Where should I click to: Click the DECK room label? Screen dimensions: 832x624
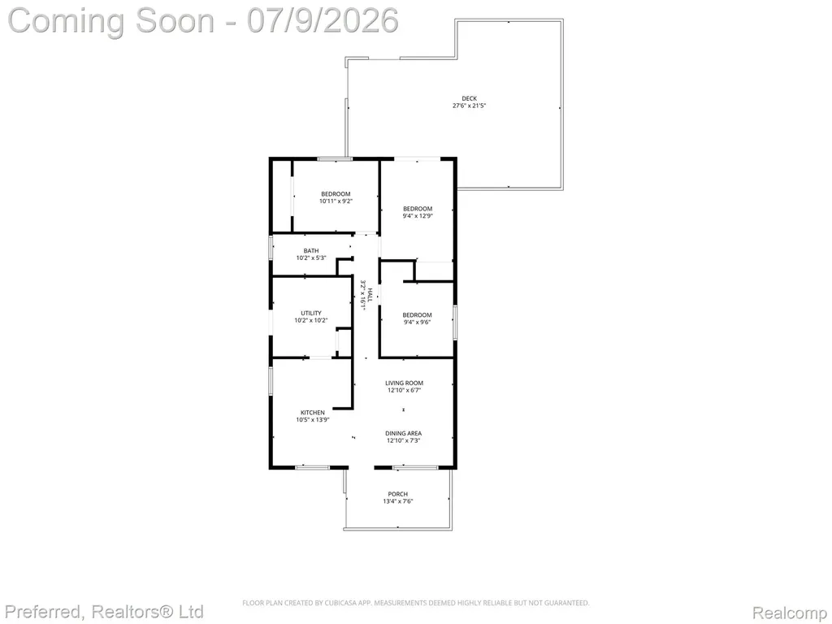click(x=469, y=98)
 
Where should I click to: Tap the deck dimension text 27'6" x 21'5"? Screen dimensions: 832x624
click(x=469, y=106)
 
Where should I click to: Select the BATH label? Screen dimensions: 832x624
click(x=311, y=250)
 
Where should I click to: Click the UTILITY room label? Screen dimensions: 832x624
click(x=311, y=313)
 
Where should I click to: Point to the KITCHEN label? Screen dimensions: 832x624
click(x=313, y=412)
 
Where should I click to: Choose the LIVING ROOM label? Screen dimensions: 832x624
click(x=404, y=383)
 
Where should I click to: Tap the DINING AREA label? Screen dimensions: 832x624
click(x=403, y=433)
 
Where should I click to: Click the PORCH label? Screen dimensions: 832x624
click(x=398, y=494)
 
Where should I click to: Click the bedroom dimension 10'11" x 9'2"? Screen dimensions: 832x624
click(x=336, y=201)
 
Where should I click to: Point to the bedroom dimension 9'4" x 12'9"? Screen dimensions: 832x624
click(x=418, y=216)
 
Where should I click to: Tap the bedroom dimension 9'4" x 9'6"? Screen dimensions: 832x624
click(x=417, y=322)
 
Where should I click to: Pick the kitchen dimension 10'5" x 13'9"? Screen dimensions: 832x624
click(x=313, y=420)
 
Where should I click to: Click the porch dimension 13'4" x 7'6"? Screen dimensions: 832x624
click(x=398, y=501)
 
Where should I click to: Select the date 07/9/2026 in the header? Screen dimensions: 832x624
click(x=322, y=20)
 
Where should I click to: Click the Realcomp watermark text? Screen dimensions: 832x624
click(x=789, y=613)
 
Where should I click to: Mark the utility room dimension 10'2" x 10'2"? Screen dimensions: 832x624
click(x=311, y=320)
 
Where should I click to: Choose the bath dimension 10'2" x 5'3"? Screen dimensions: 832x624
click(x=311, y=258)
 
